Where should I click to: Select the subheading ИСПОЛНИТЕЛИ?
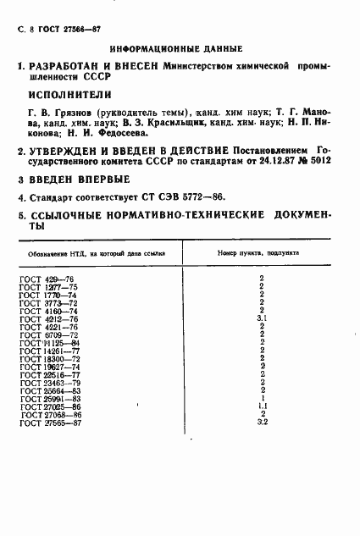[71, 94]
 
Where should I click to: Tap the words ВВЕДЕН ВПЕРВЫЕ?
[80, 179]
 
